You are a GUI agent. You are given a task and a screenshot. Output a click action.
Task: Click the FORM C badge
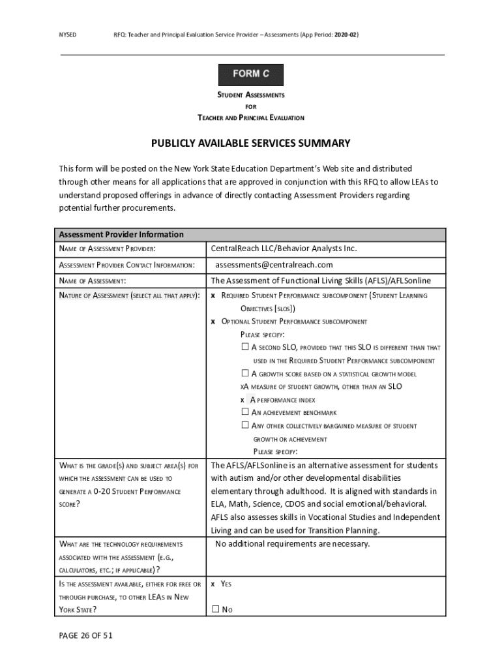point(251,74)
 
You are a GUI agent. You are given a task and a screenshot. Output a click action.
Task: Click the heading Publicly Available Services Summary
point(251,144)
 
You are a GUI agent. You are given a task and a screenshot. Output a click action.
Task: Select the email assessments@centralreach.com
point(274,265)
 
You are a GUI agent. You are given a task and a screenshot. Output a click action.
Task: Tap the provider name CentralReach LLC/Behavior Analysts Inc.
point(284,249)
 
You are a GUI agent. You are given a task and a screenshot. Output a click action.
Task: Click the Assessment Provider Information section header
point(121,234)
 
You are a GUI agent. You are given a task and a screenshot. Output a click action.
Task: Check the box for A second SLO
point(245,348)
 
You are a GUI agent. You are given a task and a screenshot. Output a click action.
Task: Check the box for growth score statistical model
point(245,374)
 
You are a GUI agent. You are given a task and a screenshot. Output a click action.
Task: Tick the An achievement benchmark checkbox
point(245,412)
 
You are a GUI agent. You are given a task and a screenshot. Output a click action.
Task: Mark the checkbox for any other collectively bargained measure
point(245,425)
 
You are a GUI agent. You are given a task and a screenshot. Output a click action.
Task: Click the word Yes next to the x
point(226,584)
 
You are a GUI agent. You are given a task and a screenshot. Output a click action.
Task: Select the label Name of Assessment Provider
point(107,249)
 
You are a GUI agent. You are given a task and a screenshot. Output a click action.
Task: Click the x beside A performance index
point(243,400)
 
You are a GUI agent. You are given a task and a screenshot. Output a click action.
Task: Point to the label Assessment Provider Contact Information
point(126,266)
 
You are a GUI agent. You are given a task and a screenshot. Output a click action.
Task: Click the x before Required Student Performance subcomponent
point(213,296)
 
